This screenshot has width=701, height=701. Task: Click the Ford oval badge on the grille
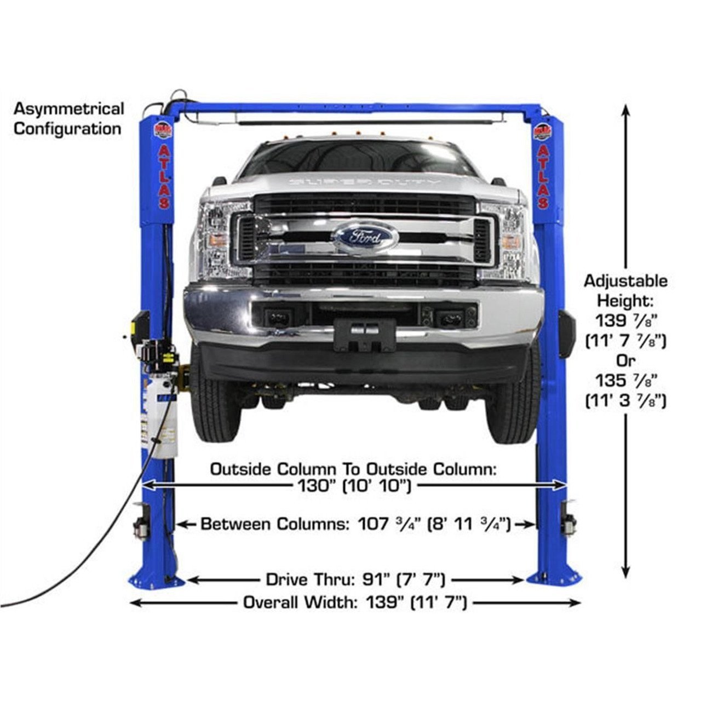coord(364,237)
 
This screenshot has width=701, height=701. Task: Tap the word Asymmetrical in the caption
coord(69,108)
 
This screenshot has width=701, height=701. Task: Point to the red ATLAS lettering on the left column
coord(164,176)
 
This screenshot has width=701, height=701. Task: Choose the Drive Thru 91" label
coord(355,579)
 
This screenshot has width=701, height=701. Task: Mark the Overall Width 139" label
coord(355,602)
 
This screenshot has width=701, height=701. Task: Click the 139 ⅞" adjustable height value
coord(625,321)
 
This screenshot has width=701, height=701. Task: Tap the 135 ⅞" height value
coord(625,381)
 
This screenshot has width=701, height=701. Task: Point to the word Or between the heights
coord(625,361)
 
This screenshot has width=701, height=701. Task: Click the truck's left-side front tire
coord(215,403)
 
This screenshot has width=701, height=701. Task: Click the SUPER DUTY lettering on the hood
coord(363,181)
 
